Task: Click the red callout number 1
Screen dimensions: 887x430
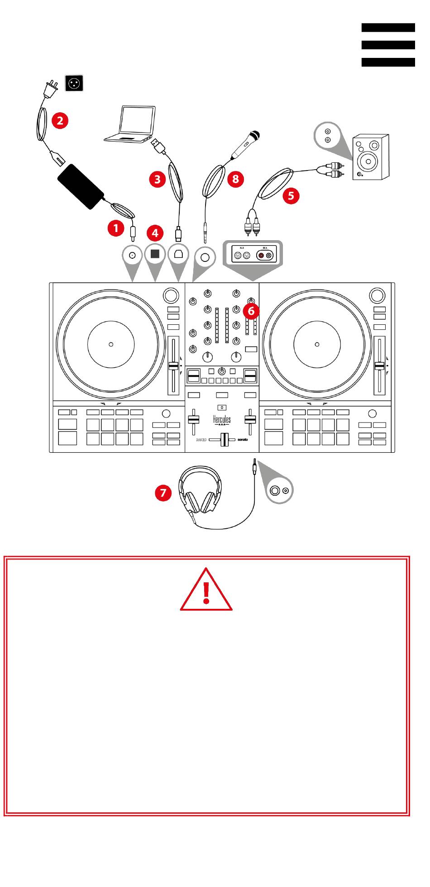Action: pyautogui.click(x=116, y=228)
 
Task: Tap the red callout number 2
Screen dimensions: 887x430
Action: pyautogui.click(x=60, y=120)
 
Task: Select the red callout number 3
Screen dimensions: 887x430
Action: pyautogui.click(x=157, y=179)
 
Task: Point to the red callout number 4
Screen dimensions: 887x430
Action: pyautogui.click(x=155, y=233)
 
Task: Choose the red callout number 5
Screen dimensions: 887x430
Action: pyautogui.click(x=291, y=195)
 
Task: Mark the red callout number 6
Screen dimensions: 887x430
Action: pyautogui.click(x=251, y=311)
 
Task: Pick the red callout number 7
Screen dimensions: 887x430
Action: pyautogui.click(x=163, y=492)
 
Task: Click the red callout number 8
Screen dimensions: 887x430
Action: pyautogui.click(x=235, y=179)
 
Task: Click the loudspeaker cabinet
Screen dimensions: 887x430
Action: pyautogui.click(x=371, y=157)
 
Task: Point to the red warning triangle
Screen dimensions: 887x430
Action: pyautogui.click(x=206, y=590)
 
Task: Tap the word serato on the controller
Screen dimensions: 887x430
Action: pyautogui.click(x=243, y=440)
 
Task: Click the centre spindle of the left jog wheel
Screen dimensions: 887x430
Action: pyautogui.click(x=111, y=345)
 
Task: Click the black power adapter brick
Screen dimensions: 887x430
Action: pyautogui.click(x=81, y=186)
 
